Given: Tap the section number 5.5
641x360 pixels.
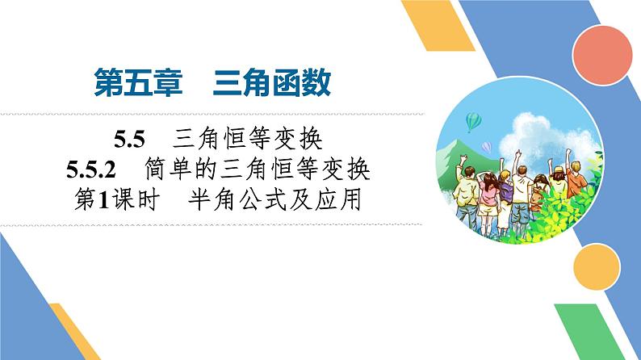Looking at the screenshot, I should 128,140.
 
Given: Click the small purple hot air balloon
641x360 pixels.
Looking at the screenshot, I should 486,147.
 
